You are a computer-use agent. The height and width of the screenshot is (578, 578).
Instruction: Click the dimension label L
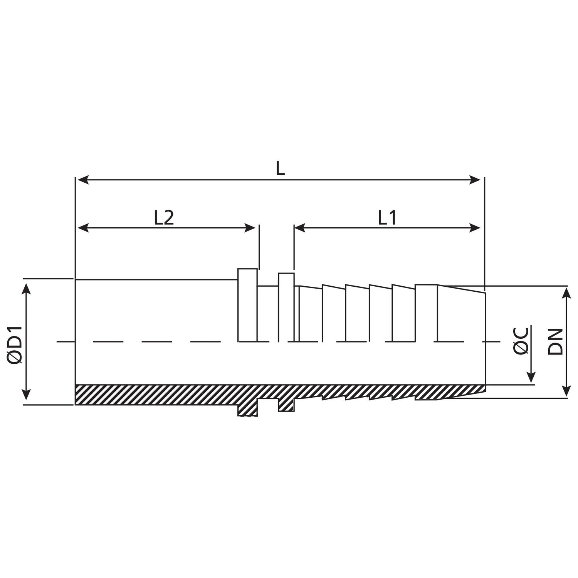pos(280,168)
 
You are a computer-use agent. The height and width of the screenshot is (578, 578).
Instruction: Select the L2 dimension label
pos(164,218)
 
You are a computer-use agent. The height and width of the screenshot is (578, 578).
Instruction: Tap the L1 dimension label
pos(387,218)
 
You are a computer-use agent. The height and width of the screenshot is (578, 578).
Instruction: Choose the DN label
pos(555,341)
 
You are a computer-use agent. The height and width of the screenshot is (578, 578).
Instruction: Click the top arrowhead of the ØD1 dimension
pos(26,287)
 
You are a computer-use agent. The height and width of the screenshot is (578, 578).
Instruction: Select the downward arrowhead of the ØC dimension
pos(531,378)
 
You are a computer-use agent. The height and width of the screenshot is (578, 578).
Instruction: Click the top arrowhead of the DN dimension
pos(566,292)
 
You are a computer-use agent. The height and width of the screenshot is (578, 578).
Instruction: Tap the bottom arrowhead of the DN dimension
pos(566,391)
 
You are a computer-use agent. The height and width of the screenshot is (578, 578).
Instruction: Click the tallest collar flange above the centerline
pos(247,304)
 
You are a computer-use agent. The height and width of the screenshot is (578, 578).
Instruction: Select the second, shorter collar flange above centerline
pos(286,307)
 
